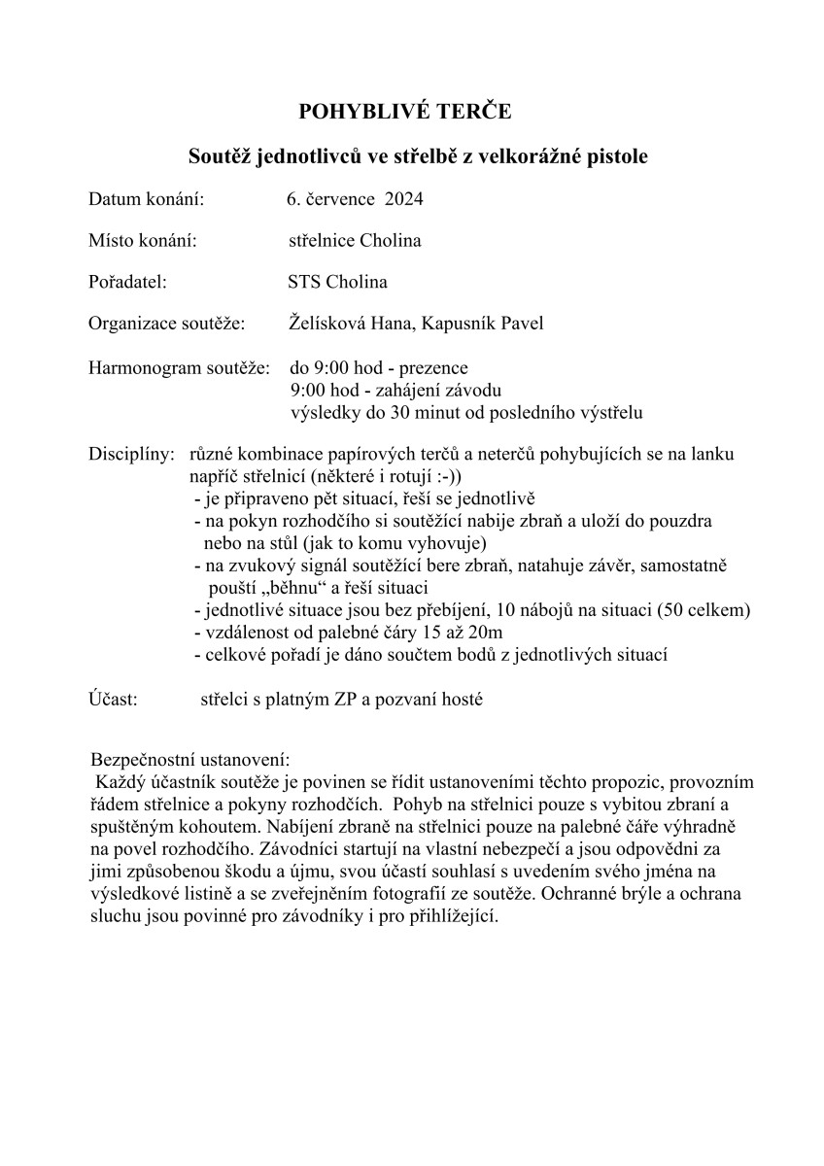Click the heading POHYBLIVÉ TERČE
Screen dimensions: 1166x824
(411, 112)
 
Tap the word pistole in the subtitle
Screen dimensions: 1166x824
(609, 155)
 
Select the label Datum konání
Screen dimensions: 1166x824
(146, 199)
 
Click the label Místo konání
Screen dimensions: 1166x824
(143, 240)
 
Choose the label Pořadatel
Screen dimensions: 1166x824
(127, 282)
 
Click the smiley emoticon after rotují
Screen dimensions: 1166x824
(450, 477)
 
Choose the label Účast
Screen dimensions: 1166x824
(113, 699)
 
